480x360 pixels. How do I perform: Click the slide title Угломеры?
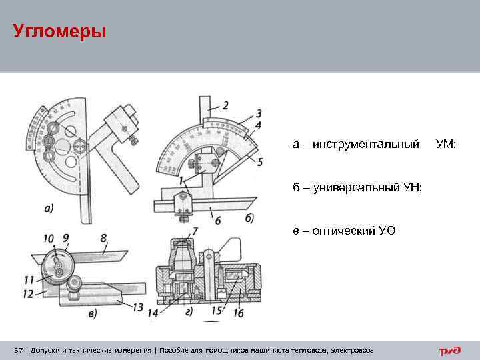point(59,31)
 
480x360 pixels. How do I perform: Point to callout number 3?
point(257,113)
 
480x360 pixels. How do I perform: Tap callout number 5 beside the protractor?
point(259,161)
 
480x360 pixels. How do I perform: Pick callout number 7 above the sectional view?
point(194,231)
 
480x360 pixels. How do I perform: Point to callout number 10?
point(49,237)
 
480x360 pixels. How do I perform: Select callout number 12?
point(27,293)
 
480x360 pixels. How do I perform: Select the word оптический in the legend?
point(345,231)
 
